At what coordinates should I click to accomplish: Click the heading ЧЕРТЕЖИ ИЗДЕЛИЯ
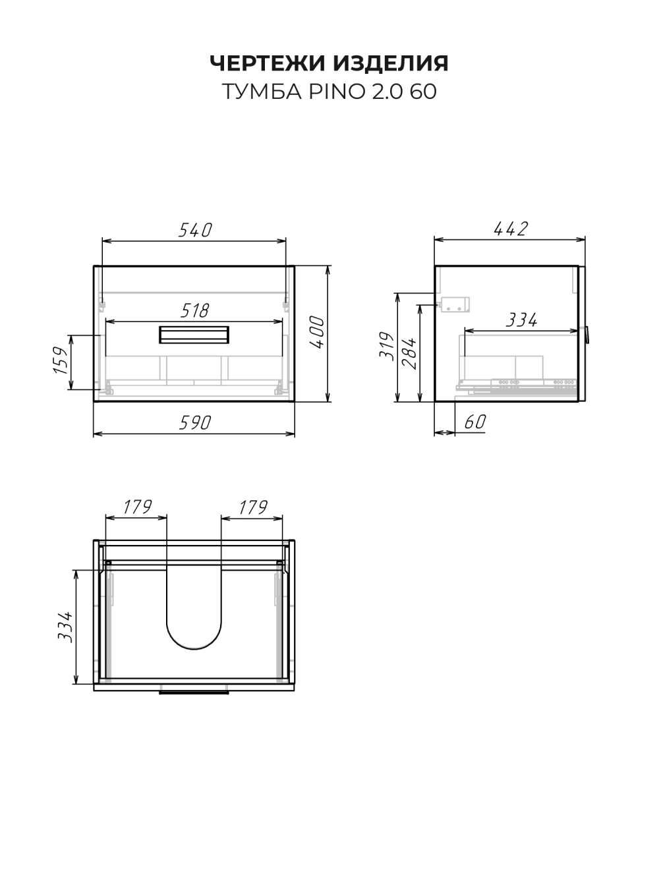coord(329,63)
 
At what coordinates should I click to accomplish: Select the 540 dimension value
coord(195,230)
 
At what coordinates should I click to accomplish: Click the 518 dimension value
coord(194,310)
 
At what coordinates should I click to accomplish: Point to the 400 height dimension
coord(318,332)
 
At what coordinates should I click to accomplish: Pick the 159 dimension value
coord(61,360)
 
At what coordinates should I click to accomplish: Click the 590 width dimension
coord(194,423)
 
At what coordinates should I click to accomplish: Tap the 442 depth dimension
coord(511,229)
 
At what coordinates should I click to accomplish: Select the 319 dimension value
coord(387,346)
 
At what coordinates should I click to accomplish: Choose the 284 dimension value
coord(409,353)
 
